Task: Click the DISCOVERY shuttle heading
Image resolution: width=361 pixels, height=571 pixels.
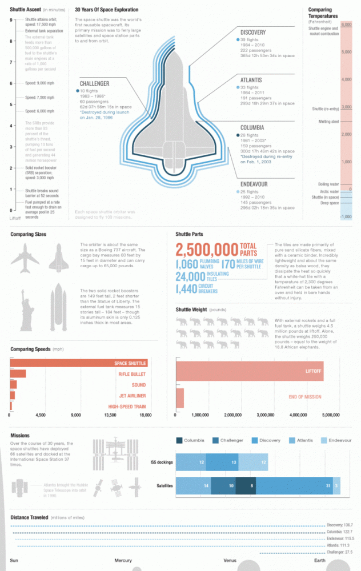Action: tap(253, 33)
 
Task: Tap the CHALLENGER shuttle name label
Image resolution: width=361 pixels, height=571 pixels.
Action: tap(94, 84)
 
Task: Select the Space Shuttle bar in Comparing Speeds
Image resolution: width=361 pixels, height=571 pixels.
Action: tap(79, 363)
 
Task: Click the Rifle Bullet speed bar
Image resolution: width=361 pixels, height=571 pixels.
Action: tap(18, 374)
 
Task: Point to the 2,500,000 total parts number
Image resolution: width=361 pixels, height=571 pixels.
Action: tap(206, 250)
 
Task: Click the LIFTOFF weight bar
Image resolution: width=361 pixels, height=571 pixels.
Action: tap(250, 371)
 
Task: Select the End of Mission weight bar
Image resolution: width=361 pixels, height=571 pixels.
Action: tap(179, 397)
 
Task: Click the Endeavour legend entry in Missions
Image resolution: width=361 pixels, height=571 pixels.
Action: tap(336, 440)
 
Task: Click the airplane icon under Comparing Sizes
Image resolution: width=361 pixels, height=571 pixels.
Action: tap(26, 258)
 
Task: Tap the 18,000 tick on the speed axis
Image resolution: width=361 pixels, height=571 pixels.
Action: tap(147, 415)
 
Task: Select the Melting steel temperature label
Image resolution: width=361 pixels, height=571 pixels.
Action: tap(328, 122)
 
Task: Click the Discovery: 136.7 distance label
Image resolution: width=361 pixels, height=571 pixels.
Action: tap(340, 524)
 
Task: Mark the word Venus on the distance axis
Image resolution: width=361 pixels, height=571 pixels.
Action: tap(230, 560)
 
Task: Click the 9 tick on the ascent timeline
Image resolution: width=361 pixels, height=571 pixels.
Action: tap(11, 21)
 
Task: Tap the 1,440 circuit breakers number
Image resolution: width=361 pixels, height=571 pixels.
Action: tap(187, 289)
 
